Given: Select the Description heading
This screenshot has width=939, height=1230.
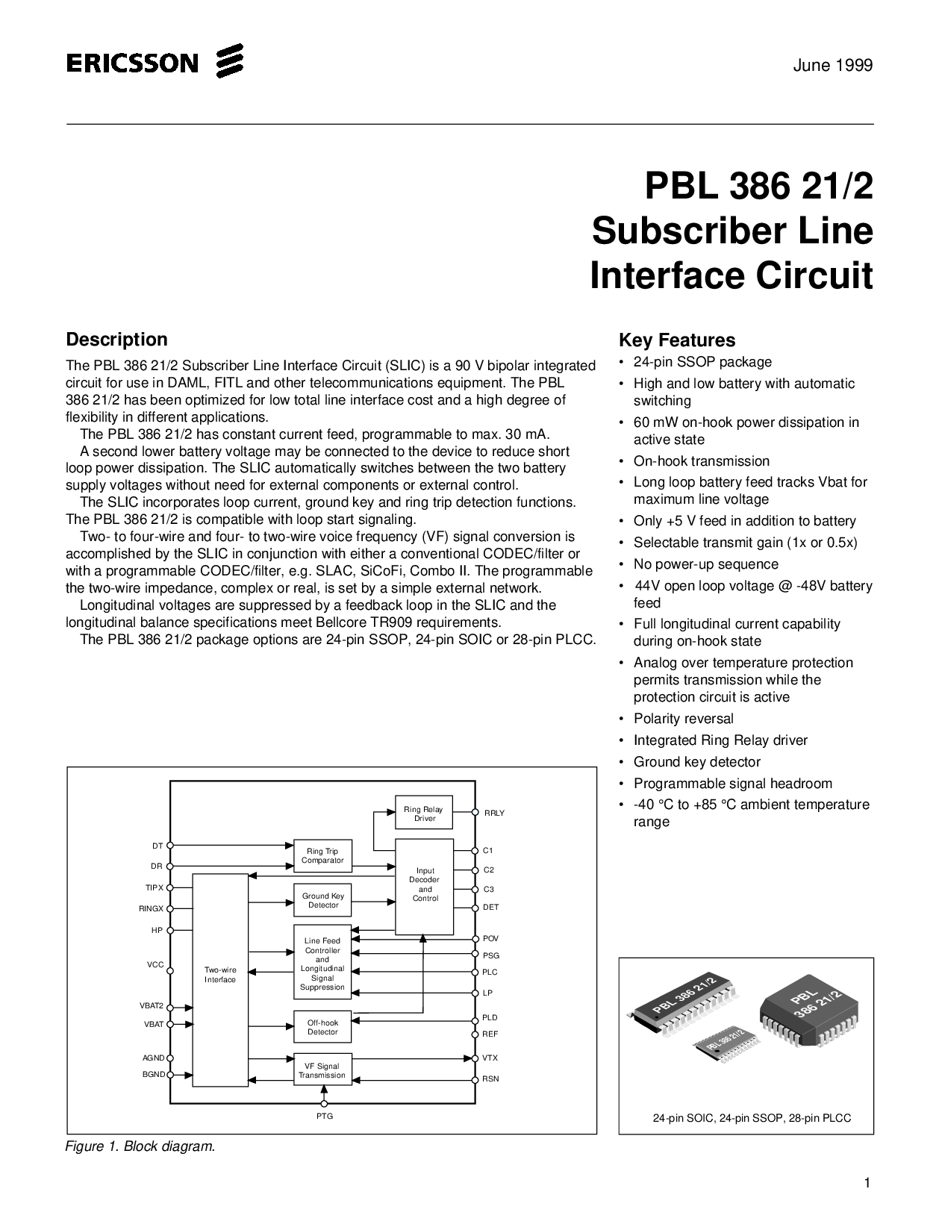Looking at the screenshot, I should [116, 340].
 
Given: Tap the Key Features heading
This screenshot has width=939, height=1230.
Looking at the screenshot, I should [676, 340].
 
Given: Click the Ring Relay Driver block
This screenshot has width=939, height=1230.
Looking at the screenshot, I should [423, 814].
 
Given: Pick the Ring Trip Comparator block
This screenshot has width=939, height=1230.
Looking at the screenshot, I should [322, 855].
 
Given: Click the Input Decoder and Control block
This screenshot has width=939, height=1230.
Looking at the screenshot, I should [424, 885].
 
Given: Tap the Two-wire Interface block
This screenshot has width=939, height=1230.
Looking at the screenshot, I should [220, 975].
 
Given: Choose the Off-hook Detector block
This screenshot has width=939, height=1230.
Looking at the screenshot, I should [322, 1027].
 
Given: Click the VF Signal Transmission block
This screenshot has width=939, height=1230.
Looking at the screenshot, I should [322, 1071].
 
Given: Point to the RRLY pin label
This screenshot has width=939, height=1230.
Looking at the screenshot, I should [494, 813].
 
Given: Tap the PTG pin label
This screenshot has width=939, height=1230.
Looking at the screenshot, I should [324, 1117].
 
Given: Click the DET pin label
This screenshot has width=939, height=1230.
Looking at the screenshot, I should [491, 907].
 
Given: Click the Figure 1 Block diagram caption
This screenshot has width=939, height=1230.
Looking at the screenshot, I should [140, 1146].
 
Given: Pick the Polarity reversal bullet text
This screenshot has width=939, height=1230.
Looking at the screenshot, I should [683, 719].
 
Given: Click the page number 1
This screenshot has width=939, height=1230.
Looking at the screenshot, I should [867, 1183].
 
